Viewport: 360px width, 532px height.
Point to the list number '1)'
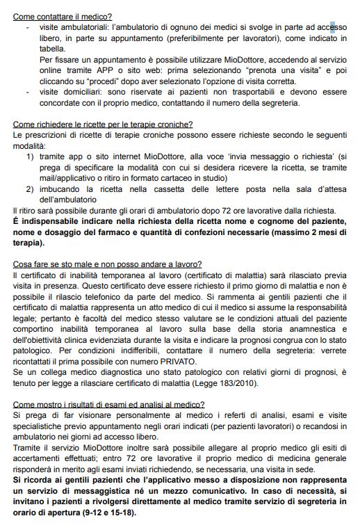[31, 157]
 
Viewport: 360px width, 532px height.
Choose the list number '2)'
[31, 188]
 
